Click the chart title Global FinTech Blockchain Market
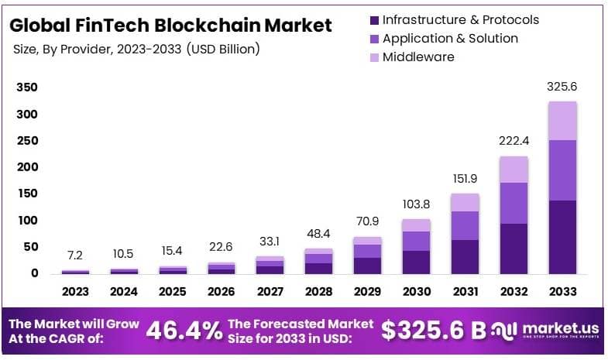[x=170, y=25]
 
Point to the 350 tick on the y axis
[x=27, y=88]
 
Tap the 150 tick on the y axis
[x=27, y=194]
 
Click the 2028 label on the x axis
[x=318, y=292]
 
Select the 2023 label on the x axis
[x=76, y=292]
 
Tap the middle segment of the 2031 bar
[x=465, y=225]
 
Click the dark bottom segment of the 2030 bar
[x=416, y=262]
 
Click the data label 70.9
[x=367, y=223]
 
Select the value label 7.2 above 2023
[x=76, y=255]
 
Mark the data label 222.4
[x=514, y=141]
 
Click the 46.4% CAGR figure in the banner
[x=184, y=331]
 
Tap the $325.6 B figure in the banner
[x=434, y=331]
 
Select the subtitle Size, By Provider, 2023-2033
[x=136, y=49]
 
